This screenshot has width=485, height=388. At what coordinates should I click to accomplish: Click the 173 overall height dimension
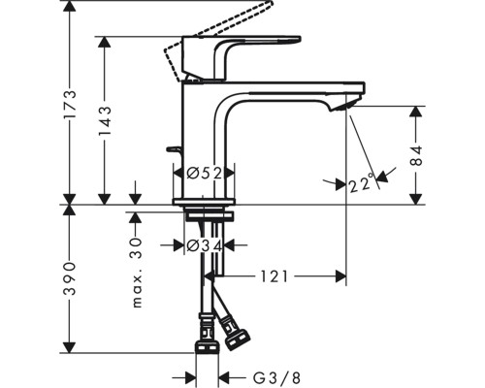coord(70,104)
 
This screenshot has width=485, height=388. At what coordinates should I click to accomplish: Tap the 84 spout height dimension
coord(416,155)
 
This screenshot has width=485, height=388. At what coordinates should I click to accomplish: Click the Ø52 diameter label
coord(205,174)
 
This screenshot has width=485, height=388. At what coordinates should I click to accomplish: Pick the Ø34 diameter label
coord(205,246)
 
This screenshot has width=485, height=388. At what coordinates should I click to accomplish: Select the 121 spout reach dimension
coord(275,276)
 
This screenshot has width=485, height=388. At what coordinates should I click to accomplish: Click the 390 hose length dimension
coord(70,278)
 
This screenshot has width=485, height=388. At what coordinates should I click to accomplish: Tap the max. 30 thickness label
coord(137,273)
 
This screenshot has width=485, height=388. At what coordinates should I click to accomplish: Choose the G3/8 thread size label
coord(276,377)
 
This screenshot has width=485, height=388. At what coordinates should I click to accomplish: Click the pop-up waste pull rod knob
coord(175,150)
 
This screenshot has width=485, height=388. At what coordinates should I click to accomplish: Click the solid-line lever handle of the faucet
coord(241,58)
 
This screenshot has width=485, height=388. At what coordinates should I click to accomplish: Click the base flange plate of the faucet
coord(204,202)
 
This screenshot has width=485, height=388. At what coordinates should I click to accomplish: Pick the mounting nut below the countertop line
coord(209,216)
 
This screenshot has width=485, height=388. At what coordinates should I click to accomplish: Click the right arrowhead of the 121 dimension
coord(341,276)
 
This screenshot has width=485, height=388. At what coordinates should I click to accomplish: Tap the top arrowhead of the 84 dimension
coord(416,112)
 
